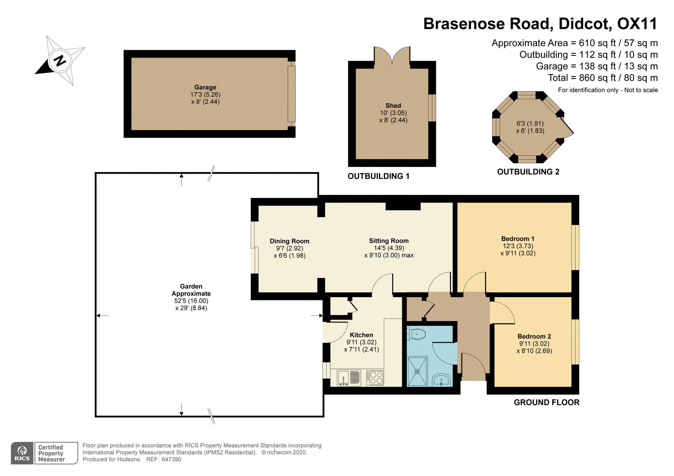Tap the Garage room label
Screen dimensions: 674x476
(x=205, y=87)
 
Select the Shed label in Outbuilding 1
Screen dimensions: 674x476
(x=393, y=106)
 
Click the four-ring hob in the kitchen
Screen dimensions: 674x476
(x=375, y=378)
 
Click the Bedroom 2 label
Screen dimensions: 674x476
(x=534, y=336)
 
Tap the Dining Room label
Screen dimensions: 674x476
(x=290, y=241)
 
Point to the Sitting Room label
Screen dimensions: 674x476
(x=389, y=241)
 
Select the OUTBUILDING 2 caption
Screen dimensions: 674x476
(x=528, y=172)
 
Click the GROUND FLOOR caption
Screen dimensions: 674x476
(x=546, y=402)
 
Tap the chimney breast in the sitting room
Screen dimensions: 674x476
(x=403, y=206)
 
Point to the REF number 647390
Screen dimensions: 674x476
(x=172, y=459)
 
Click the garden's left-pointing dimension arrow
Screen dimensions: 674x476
(x=102, y=316)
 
